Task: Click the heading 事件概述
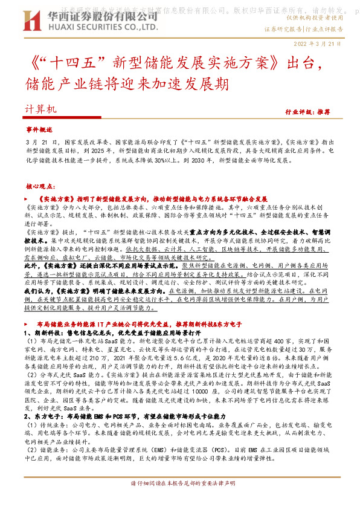tap(40, 129)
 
